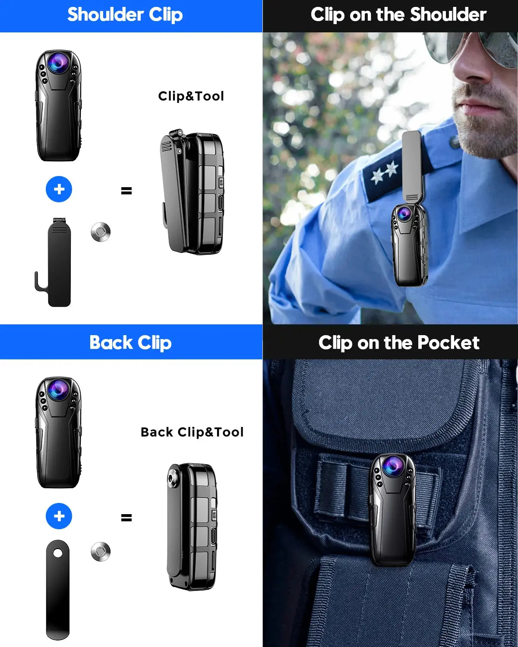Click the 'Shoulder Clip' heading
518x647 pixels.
coord(125,15)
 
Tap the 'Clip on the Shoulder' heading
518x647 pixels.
coord(398,15)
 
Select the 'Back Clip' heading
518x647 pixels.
coord(130,342)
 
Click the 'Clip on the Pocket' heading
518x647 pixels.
coord(398,342)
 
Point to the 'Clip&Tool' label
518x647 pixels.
coord(191,96)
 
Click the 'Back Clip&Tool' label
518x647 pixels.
coord(192,432)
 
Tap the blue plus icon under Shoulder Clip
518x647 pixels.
coord(59,189)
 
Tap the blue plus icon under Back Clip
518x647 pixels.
coord(59,516)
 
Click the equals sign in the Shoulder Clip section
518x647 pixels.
coord(126,190)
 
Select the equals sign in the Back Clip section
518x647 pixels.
coord(126,517)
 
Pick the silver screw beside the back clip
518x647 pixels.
coord(101,552)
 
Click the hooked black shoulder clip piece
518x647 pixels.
coord(56,263)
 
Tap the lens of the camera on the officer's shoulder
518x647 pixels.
coord(404,214)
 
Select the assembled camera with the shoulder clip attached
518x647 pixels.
coord(193,192)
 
